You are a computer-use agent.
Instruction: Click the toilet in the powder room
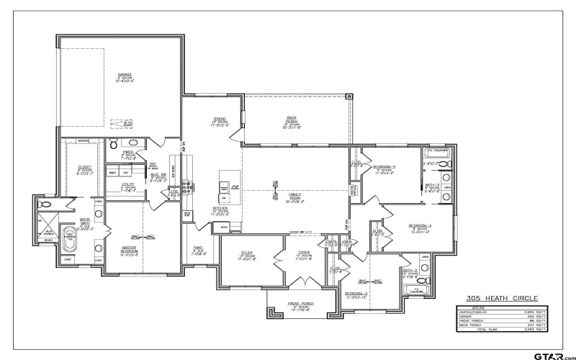pyautogui.click(x=114, y=145)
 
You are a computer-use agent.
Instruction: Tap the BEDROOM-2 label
pyautogui.click(x=356, y=294)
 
